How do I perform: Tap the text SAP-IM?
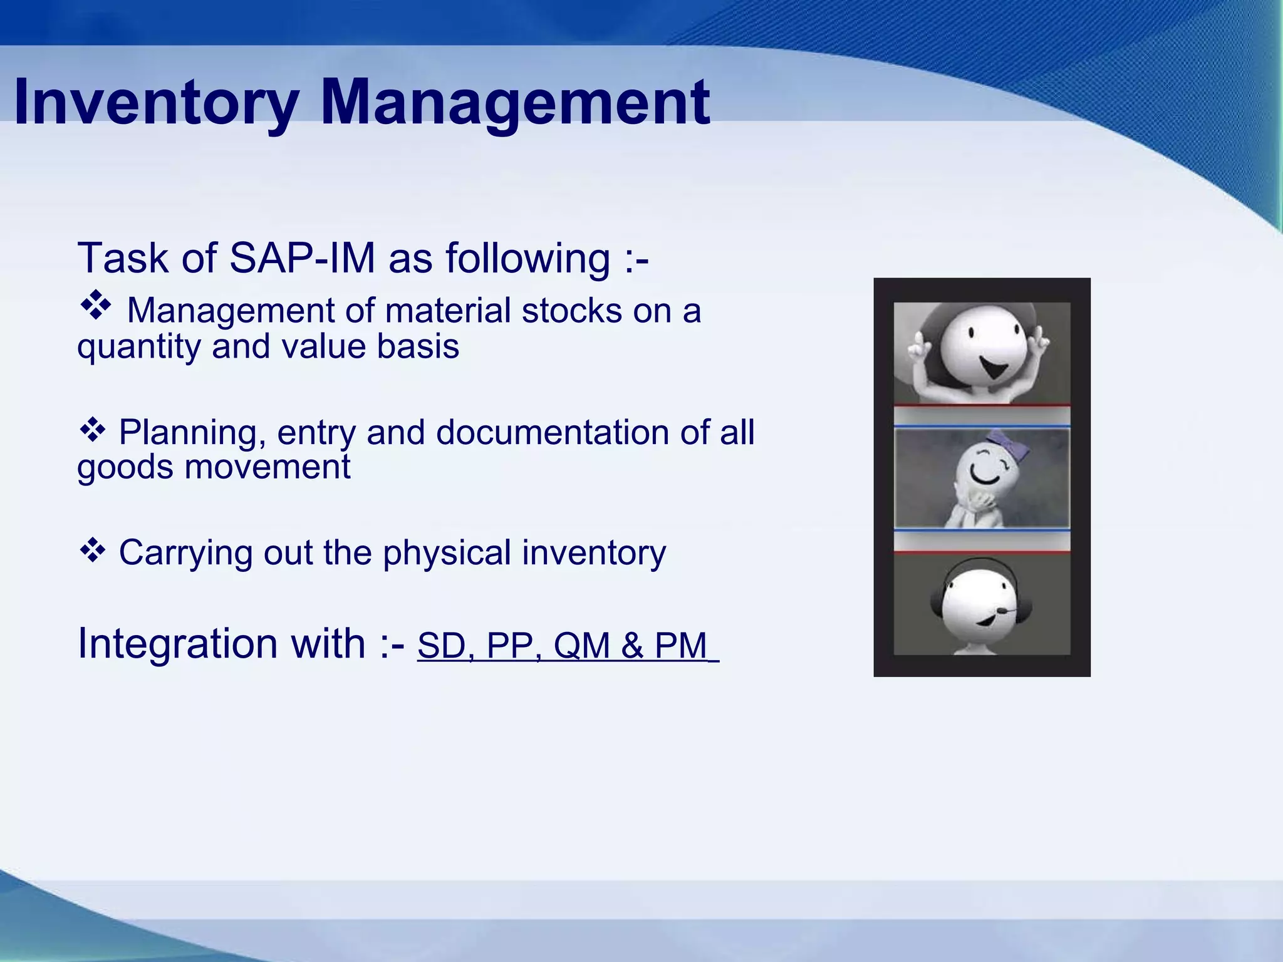302,258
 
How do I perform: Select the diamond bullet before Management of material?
95,306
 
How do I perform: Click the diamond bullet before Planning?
92,430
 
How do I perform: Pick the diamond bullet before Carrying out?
92,550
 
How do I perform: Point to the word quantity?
138,347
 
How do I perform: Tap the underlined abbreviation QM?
582,646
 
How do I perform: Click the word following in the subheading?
527,258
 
